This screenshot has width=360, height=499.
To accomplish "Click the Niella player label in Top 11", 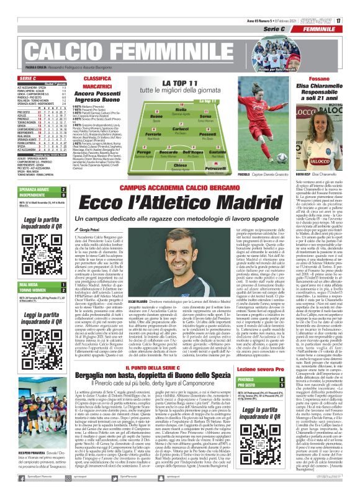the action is (181, 109).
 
